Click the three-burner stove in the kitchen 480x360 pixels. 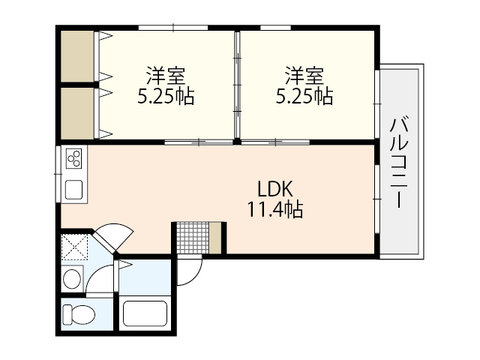[75, 159]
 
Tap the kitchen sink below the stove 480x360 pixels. [75, 188]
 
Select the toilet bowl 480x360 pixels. [77, 313]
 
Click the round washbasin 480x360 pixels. [72, 280]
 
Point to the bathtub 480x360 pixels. [145, 314]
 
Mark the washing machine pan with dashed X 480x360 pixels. [75, 246]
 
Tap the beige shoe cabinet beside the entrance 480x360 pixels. [216, 237]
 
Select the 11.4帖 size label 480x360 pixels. [275, 210]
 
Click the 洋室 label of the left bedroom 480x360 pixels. [166, 76]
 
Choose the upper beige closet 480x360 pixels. [77, 56]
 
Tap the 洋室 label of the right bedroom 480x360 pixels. [304, 76]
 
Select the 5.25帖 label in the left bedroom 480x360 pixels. [166, 97]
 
